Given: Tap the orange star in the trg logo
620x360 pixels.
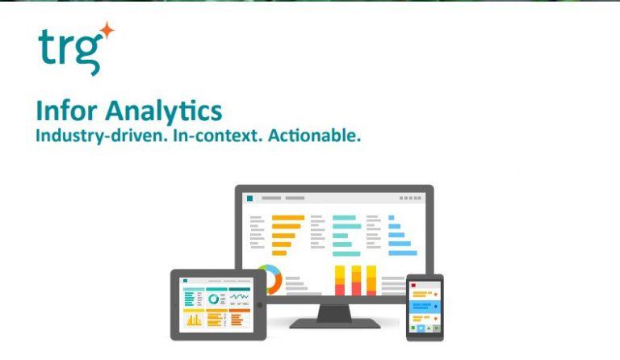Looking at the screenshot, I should [107, 31].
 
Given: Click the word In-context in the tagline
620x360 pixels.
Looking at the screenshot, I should [213, 136].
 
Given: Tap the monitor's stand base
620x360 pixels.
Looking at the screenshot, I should [334, 323].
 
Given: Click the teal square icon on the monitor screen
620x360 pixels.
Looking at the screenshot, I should [250, 198].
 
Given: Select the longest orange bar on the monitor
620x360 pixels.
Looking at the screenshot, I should [288, 217].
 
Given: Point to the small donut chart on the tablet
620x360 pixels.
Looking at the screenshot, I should [215, 299].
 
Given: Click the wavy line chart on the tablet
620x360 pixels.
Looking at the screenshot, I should [239, 298].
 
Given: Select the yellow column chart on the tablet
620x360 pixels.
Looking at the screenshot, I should [194, 319].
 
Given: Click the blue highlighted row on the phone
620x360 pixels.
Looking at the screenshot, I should [425, 309].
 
